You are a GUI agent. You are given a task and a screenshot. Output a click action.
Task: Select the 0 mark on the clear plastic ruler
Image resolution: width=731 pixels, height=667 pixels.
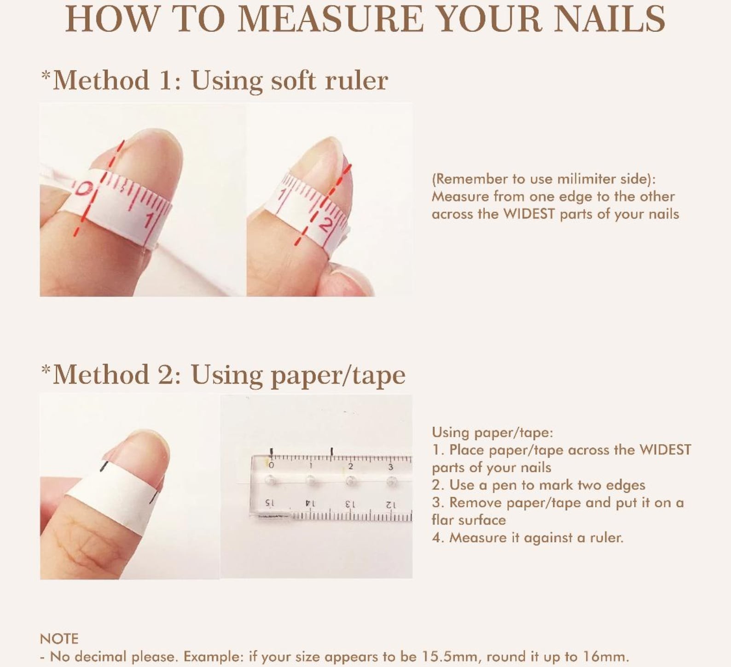point(271,466)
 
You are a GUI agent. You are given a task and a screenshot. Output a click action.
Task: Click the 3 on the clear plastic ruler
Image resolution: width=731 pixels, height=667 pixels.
point(390,466)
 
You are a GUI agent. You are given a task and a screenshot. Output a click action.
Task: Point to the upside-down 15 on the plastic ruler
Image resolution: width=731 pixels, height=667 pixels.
point(270,503)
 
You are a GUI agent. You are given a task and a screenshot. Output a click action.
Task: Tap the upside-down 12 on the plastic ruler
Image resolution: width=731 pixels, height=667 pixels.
point(390,504)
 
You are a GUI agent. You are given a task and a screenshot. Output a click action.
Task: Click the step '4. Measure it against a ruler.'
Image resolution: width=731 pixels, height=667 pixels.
point(528,537)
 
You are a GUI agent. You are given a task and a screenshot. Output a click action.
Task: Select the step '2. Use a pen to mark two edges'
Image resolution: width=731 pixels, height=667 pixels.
point(539,485)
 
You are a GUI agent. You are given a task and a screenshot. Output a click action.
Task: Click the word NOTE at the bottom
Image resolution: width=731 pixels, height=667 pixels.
point(59,638)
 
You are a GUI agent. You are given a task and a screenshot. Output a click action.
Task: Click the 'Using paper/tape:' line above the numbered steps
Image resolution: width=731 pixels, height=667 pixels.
point(493,432)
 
